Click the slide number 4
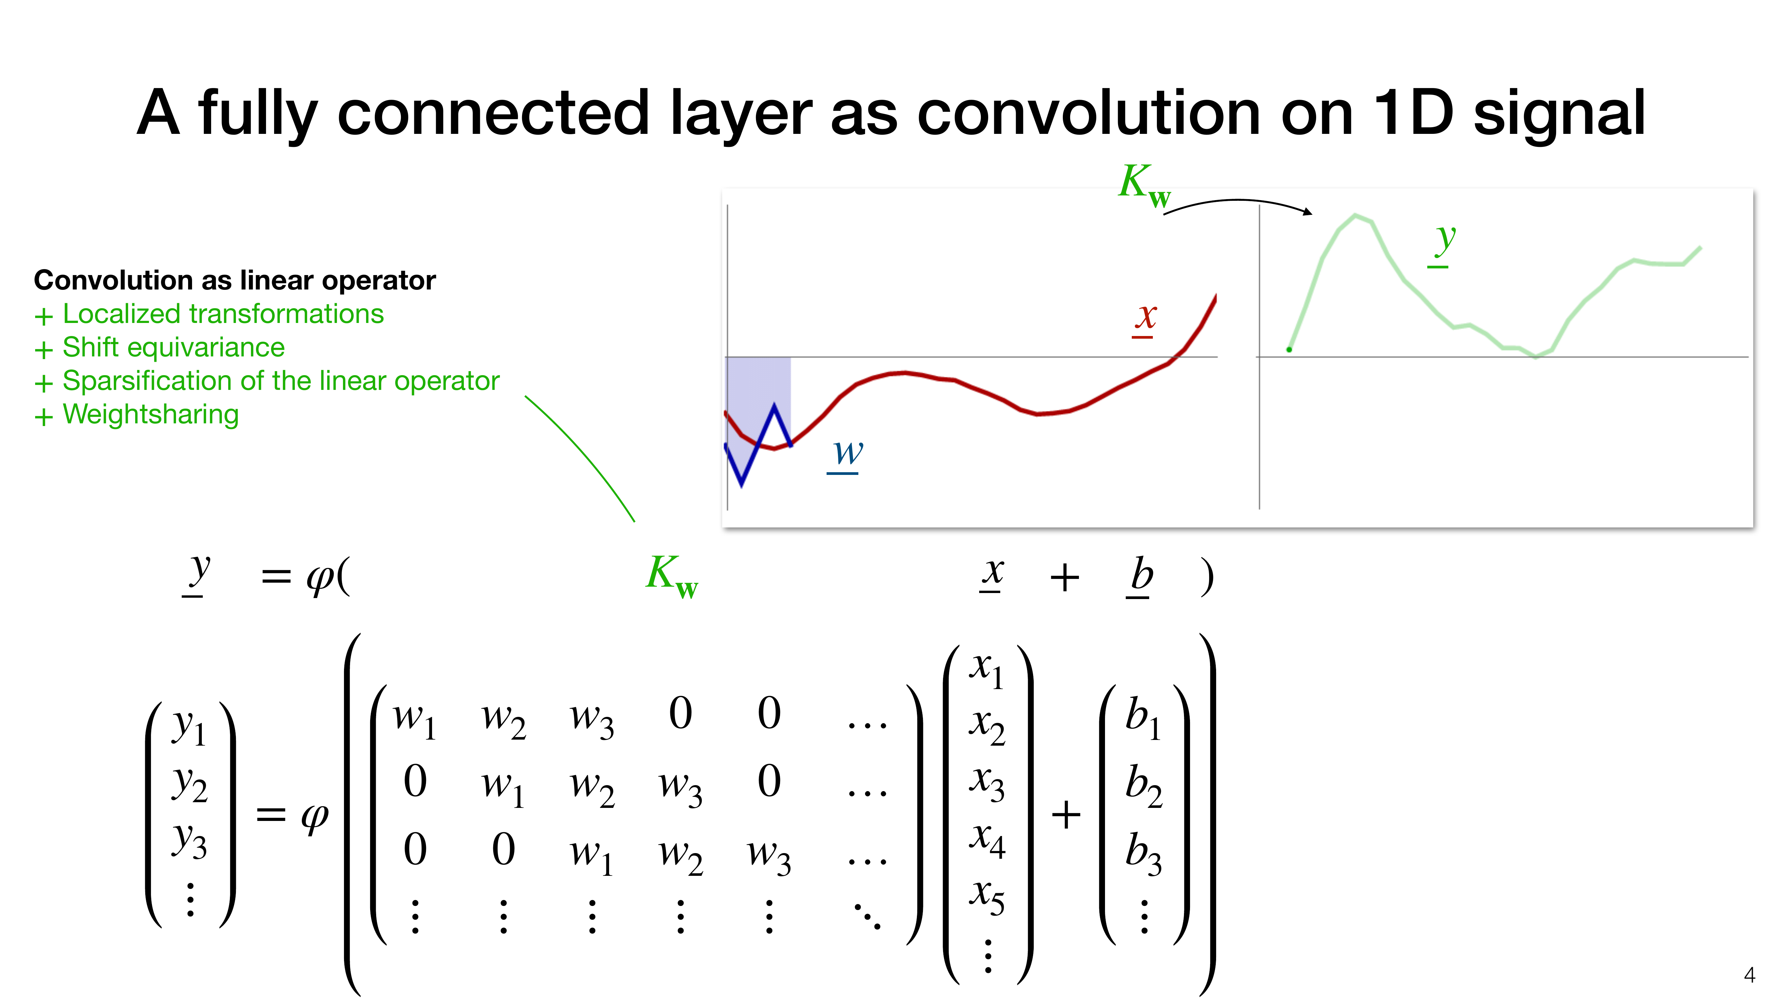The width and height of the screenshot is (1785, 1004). [x=1749, y=976]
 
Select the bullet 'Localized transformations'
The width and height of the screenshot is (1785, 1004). [x=223, y=314]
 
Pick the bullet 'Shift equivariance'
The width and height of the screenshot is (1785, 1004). [x=174, y=347]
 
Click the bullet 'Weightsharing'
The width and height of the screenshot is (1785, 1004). [x=151, y=414]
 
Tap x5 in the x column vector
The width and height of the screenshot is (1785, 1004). [x=987, y=897]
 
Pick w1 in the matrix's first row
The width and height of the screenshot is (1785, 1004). [x=414, y=718]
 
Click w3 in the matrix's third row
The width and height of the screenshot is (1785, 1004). [x=768, y=854]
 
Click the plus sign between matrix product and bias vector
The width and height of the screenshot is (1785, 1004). [x=1066, y=815]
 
